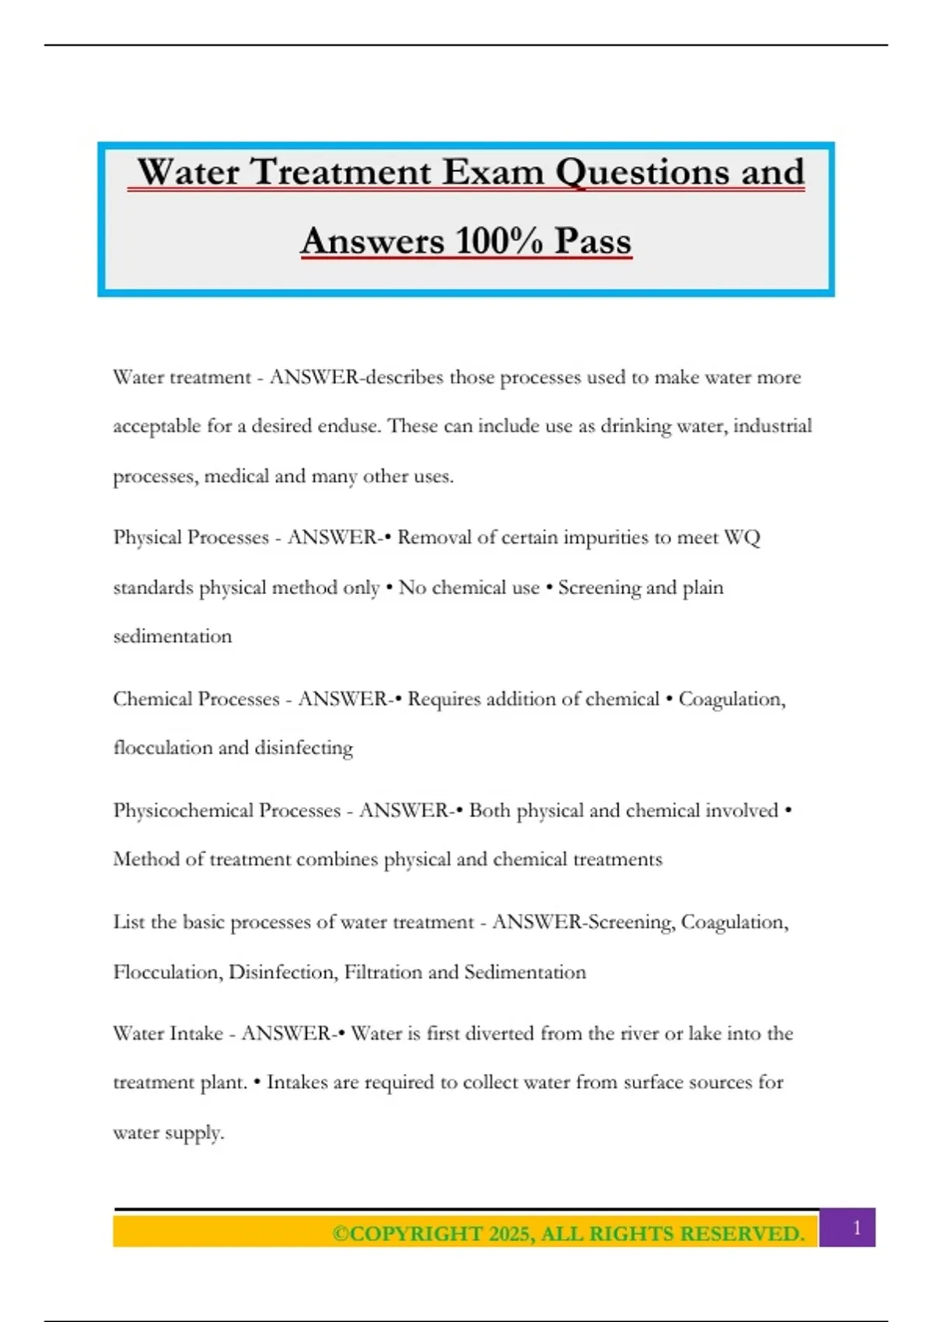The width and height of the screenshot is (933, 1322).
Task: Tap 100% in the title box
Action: click(498, 241)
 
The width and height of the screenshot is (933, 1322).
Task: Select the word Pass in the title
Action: click(592, 241)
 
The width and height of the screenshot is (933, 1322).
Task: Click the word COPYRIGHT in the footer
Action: click(407, 1234)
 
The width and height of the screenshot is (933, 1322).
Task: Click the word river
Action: click(640, 1033)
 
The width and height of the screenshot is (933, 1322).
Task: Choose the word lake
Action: click(704, 1033)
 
